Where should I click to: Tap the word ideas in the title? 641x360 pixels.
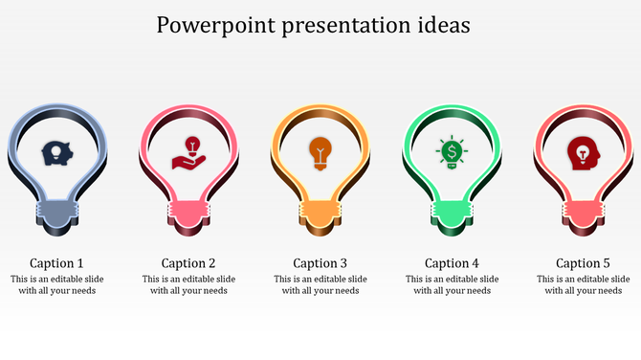(x=440, y=26)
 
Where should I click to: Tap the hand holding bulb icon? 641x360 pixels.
(x=188, y=152)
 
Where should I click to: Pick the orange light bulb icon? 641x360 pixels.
(x=320, y=152)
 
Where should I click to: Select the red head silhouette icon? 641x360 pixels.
(x=583, y=152)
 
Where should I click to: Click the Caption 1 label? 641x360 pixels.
(x=56, y=263)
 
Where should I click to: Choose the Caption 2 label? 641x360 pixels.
(x=188, y=263)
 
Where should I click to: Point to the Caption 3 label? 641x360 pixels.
(x=320, y=263)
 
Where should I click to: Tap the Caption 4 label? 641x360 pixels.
(x=452, y=263)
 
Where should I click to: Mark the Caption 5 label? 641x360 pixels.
(x=583, y=263)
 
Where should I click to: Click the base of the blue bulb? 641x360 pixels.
(x=56, y=214)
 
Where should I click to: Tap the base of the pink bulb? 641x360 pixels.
(x=188, y=214)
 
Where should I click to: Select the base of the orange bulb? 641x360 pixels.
(x=320, y=214)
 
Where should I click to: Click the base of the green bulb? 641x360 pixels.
(x=452, y=214)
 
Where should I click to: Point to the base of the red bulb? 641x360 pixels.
(x=583, y=214)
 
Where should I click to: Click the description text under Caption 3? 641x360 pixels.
(x=320, y=285)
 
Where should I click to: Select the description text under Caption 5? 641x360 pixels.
(x=583, y=285)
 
